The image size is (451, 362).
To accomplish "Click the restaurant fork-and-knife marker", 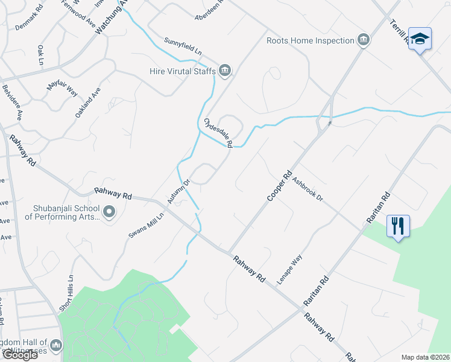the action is pos(397,226).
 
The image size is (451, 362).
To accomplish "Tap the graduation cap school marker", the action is pos(420,39).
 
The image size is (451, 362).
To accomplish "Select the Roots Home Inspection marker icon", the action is pos(363,40).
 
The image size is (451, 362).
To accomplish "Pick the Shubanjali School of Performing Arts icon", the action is pos(109,212).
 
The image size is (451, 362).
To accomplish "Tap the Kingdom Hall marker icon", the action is pos(56,345).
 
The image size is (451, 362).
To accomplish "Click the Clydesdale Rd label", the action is pos(218,133).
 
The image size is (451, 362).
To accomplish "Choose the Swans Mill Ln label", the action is pos(146,226).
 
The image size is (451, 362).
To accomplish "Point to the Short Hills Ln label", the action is pos(66,294).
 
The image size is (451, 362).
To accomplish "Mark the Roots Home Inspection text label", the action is pos(310,40).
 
